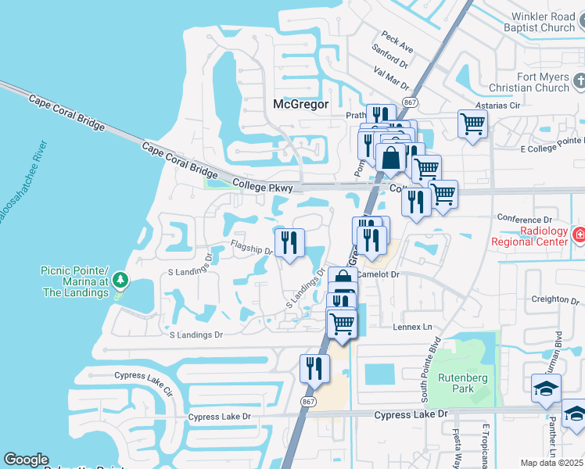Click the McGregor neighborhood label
tap(301, 104)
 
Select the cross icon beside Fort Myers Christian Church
tap(579, 81)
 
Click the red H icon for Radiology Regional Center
tap(578, 234)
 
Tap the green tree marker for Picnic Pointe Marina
tap(119, 279)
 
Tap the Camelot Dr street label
tap(379, 275)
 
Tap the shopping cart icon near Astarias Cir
tap(472, 123)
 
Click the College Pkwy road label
tap(263, 186)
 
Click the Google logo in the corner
tap(26, 460)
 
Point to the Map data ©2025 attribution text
tap(551, 463)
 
